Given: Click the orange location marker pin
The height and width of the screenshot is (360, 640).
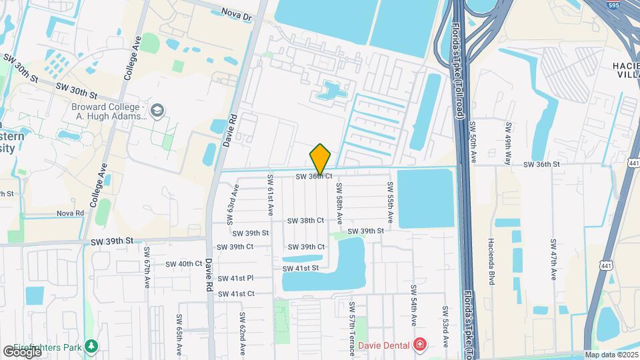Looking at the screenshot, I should [320, 159].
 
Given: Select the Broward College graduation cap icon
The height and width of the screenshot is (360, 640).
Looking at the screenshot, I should [157, 110].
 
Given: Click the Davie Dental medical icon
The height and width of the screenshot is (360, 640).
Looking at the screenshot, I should [421, 345].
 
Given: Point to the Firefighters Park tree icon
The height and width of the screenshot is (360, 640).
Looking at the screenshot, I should [91, 347].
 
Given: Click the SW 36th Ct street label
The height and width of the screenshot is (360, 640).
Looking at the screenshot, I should [315, 176].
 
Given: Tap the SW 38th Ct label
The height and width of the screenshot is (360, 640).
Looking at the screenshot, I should [305, 220].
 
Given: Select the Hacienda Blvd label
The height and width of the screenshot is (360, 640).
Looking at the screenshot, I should [491, 260].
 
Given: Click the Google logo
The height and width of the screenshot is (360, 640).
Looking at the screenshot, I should [22, 351].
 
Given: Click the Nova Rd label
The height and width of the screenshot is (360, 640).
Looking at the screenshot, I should [70, 213].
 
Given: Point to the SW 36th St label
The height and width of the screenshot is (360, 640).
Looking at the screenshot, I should [541, 164].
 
